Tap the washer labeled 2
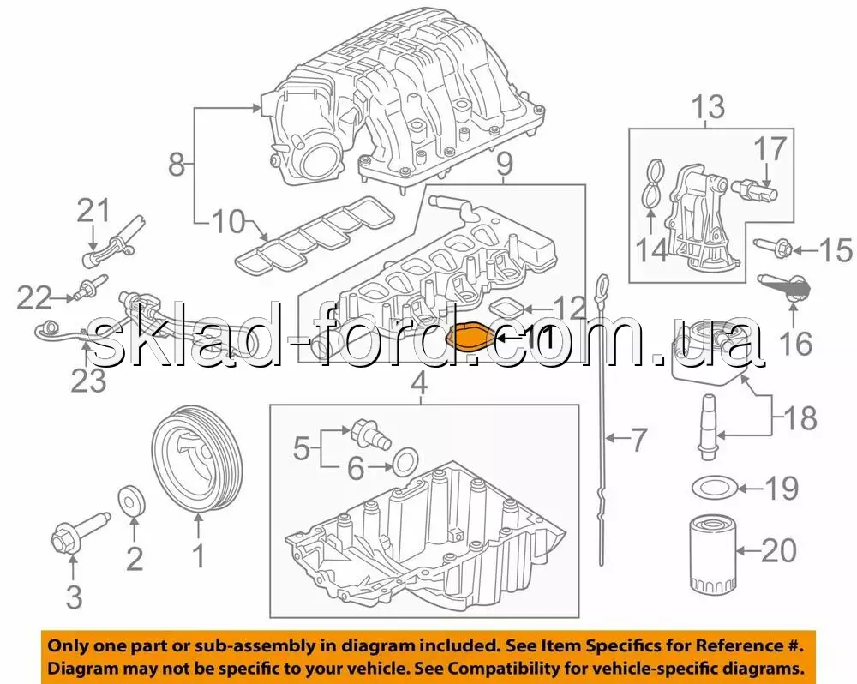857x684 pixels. (x=133, y=500)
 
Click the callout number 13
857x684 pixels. (x=710, y=107)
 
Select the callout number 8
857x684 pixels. (x=176, y=164)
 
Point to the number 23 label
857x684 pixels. (x=89, y=380)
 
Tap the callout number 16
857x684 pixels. (x=796, y=344)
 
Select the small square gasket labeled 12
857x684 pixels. (x=509, y=308)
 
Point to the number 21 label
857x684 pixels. (x=93, y=211)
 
